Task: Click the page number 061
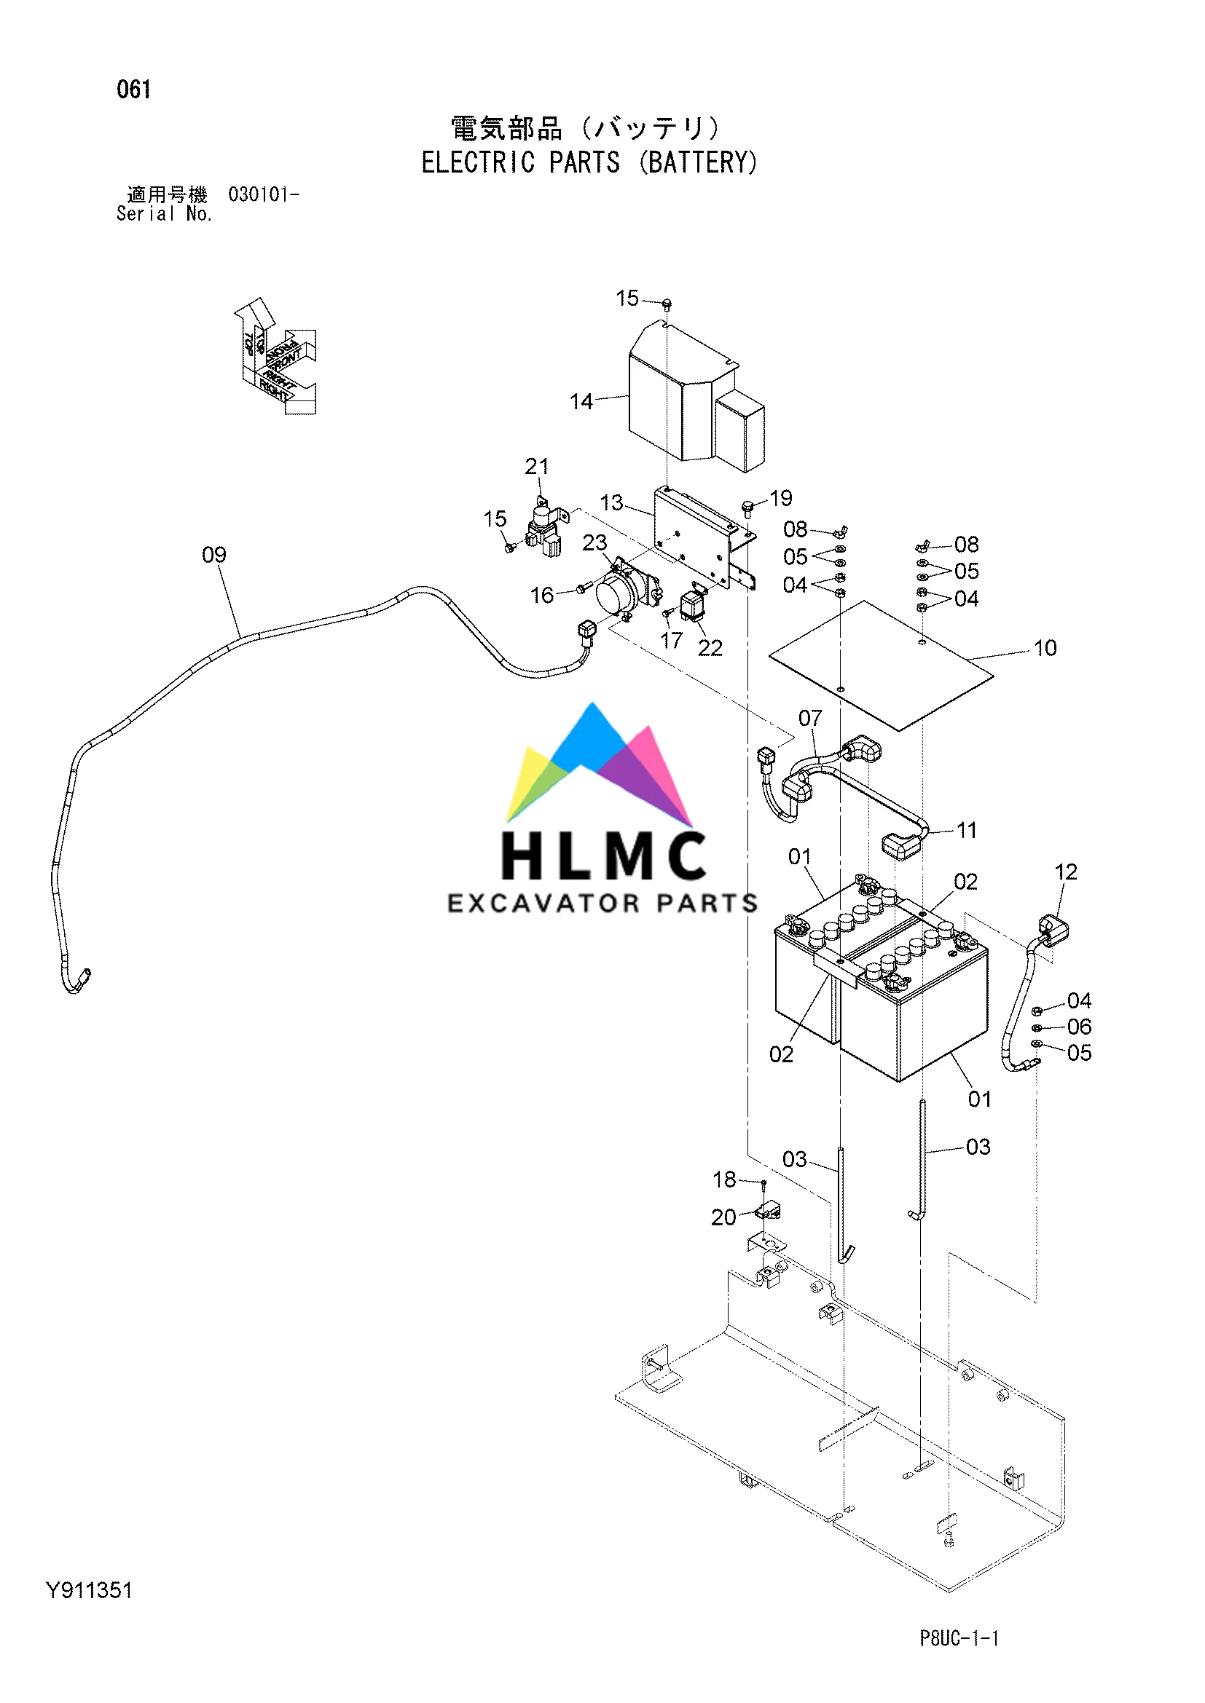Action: click(133, 90)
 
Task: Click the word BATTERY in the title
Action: click(701, 162)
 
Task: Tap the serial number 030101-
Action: click(264, 194)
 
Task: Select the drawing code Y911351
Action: click(89, 1590)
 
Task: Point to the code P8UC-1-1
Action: click(959, 1637)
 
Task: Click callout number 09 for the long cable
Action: click(213, 555)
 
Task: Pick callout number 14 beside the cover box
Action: click(581, 401)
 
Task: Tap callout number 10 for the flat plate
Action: click(1045, 648)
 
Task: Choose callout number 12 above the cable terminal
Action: click(1066, 872)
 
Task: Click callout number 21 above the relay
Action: click(536, 466)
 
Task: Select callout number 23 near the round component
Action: click(594, 543)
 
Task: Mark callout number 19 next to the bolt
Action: click(780, 498)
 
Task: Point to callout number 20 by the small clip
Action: click(723, 1217)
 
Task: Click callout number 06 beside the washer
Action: click(1079, 1027)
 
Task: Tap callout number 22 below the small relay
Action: click(710, 648)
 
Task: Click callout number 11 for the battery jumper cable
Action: click(966, 830)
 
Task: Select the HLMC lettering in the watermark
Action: click(603, 856)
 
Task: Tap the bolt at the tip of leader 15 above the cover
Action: click(667, 304)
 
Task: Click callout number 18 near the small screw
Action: click(724, 1180)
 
